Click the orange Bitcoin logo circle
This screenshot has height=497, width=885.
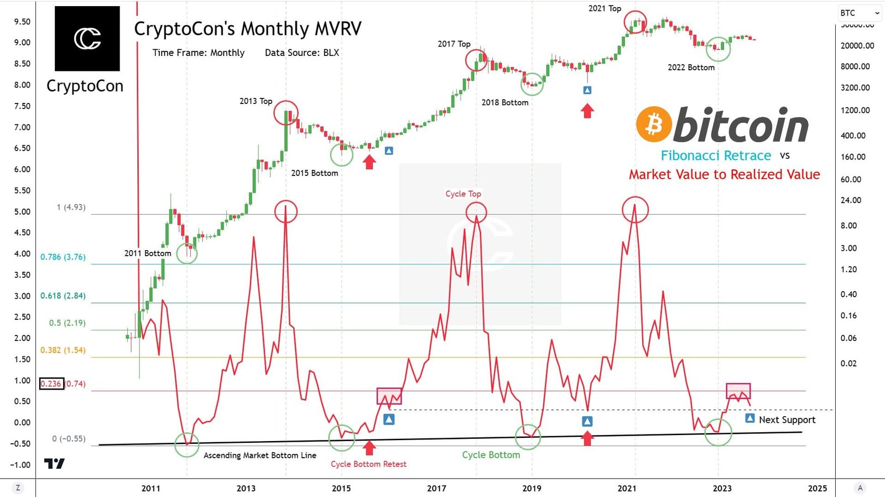pos(654,124)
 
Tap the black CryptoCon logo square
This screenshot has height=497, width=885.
pos(87,39)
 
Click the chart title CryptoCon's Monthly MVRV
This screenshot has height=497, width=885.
pos(248,29)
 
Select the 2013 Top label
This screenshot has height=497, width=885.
pos(256,101)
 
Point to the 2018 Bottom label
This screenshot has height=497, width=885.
pos(504,102)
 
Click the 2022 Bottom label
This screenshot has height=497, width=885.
pos(691,68)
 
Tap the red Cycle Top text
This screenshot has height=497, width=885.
pos(463,194)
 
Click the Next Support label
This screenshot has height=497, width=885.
pos(787,420)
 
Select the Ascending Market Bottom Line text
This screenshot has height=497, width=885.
pos(260,455)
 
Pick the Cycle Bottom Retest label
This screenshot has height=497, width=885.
pos(368,464)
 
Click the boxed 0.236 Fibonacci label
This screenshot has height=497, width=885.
pos(51,384)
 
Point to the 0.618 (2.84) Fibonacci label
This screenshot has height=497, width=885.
pos(63,296)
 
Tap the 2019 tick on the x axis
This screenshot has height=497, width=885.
pos(532,488)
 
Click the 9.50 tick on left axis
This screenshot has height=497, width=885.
pos(22,22)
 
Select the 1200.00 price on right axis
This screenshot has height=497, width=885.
pos(855,110)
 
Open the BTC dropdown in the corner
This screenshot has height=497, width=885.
pos(860,13)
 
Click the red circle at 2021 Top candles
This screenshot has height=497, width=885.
pos(635,22)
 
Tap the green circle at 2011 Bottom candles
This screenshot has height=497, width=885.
pos(187,253)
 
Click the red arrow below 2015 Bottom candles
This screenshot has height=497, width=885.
pos(369,162)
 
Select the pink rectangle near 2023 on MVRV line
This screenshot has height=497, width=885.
pos(738,391)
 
